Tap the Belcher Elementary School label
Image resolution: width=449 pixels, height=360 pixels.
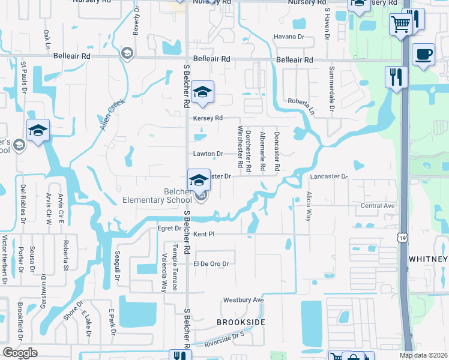157,196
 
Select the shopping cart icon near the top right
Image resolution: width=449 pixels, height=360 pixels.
399,25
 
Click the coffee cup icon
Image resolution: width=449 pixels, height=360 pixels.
424,55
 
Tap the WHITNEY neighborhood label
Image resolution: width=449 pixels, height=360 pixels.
428,259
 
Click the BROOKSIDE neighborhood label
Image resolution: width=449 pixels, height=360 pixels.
241,322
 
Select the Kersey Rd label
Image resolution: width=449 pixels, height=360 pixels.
208,118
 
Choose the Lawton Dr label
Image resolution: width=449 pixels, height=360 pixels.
208,154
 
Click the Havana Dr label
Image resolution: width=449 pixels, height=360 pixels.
290,37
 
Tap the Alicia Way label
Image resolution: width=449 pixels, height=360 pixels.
309,207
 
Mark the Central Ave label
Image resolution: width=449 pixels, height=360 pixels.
378,206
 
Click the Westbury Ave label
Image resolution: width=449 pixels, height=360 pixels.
244,299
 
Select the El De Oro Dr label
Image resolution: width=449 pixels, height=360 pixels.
212,263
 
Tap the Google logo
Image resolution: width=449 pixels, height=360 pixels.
20,353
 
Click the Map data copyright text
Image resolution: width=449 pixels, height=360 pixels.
424,356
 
